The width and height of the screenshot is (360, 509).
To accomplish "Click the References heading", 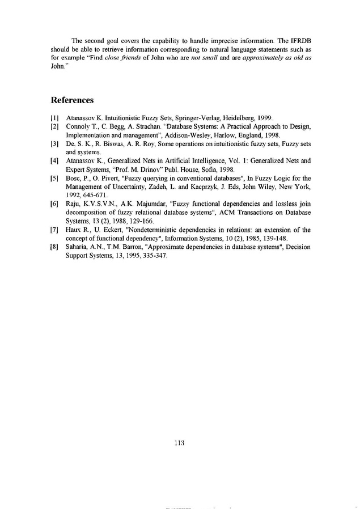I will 72,100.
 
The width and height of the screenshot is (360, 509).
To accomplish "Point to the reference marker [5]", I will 54,179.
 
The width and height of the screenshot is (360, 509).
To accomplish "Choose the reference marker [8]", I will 54,248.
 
